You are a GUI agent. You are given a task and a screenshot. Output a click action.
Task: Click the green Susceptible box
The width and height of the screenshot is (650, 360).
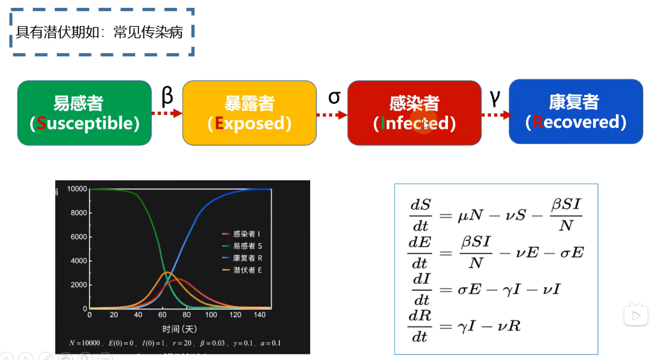(x=84, y=113)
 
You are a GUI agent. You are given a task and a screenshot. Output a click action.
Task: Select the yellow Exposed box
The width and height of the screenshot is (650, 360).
(x=249, y=113)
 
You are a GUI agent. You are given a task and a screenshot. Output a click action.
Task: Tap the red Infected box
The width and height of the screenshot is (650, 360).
(x=414, y=113)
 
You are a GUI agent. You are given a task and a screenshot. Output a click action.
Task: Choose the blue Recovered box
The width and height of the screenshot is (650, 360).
(x=576, y=112)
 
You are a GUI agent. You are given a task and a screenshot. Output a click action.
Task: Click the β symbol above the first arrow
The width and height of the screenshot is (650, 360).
(x=167, y=96)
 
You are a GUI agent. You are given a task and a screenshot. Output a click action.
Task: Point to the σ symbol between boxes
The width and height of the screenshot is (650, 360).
(x=334, y=96)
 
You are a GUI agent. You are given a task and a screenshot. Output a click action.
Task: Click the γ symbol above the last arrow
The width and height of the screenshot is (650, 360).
(x=494, y=96)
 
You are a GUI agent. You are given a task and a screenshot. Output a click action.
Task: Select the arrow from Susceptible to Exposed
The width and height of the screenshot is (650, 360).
(x=167, y=113)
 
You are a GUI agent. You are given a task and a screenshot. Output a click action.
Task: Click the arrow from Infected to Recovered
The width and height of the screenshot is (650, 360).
(x=495, y=115)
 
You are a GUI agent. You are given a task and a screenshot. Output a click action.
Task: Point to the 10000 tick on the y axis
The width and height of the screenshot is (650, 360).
(x=77, y=189)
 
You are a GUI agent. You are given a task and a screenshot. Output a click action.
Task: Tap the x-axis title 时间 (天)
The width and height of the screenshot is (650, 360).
(x=179, y=329)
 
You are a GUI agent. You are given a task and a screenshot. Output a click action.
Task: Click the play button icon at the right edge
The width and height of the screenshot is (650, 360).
(x=635, y=315)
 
